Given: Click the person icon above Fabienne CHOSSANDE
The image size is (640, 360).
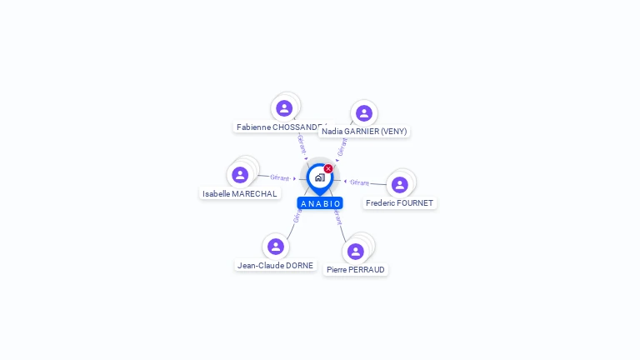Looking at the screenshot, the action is (284, 108).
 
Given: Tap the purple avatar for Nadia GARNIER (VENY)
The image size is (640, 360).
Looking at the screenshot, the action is (363, 113).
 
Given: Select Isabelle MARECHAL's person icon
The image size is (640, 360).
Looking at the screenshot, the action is (240, 175).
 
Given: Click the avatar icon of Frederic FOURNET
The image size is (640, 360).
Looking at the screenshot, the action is (399, 185).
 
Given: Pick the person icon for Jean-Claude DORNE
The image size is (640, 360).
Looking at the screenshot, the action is (275, 247).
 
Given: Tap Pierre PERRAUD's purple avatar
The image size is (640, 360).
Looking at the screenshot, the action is (356, 251).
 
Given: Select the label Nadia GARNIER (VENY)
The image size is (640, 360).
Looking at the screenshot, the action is (364, 132).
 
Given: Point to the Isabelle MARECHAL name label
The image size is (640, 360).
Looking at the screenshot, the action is (240, 193).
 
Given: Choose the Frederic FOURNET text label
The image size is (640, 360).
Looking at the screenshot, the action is (400, 202).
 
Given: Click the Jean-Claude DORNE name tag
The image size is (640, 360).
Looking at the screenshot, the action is (276, 265).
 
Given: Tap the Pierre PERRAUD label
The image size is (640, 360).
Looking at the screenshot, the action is (357, 269).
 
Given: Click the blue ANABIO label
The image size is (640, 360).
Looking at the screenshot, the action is (320, 203).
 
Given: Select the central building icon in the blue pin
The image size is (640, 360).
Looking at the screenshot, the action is (319, 177).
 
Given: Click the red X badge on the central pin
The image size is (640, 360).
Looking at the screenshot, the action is (328, 168).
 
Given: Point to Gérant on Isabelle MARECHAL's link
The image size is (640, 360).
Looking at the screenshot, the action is (280, 177).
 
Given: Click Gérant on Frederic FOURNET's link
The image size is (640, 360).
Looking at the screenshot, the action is (359, 182).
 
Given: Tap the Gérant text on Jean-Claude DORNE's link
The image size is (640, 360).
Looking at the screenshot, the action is (297, 216).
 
